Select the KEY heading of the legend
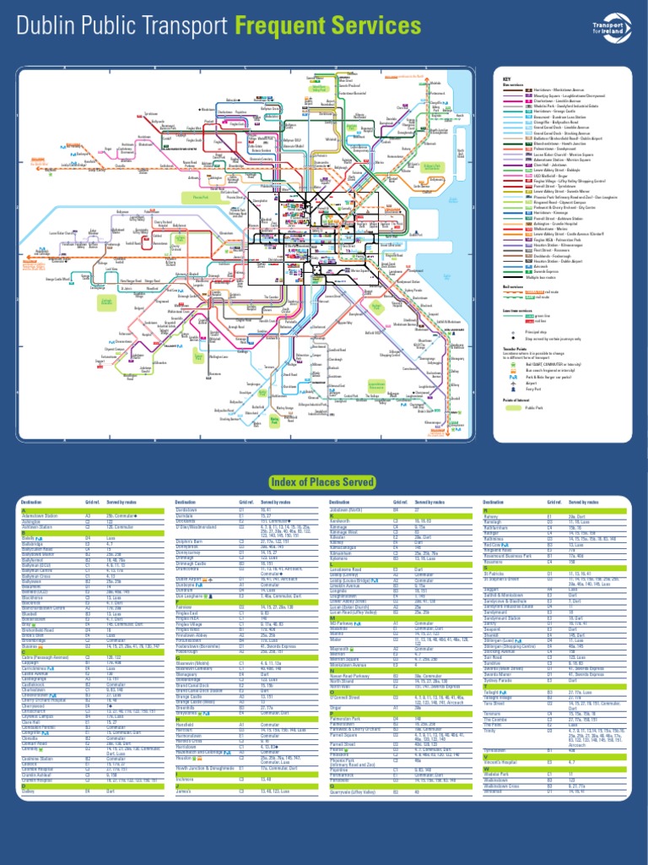coord(506,79)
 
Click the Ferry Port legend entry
coord(532,389)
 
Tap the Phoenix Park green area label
coord(201,197)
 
